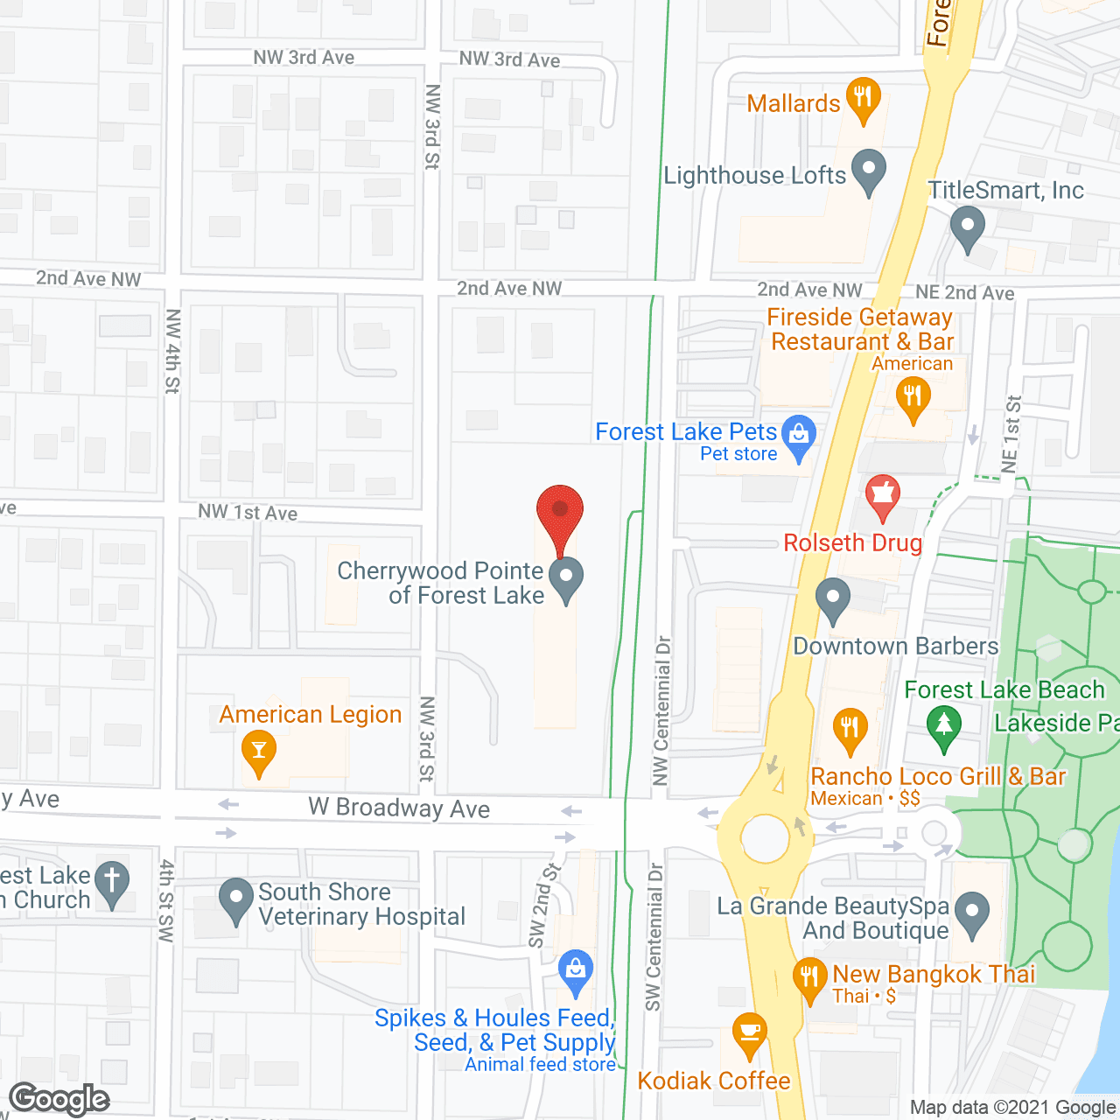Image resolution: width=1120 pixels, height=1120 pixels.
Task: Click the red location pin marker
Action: coord(559,514)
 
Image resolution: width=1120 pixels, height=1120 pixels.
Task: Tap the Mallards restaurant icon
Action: coord(863,97)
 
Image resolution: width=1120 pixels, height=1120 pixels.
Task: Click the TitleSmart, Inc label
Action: coord(1005,190)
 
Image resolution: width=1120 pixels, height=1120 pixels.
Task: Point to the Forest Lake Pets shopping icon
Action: coord(798,435)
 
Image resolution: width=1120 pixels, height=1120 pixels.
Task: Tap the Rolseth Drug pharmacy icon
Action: coord(883,496)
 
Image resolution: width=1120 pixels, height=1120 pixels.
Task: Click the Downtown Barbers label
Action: coord(895,647)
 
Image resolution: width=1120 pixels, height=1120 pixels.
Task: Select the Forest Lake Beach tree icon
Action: coord(943,726)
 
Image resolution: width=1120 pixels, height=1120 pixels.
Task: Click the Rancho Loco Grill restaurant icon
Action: coord(849,728)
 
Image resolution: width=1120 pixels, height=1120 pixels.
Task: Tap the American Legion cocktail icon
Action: coord(259,751)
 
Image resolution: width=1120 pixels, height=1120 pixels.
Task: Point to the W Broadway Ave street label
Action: coord(398,808)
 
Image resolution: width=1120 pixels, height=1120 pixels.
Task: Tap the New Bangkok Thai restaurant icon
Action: coord(809,977)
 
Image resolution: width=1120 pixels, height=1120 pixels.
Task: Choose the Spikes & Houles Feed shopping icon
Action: coord(575,970)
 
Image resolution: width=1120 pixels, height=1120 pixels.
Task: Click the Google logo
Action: coord(59,1099)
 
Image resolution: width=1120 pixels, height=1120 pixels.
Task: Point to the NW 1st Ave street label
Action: coord(248,512)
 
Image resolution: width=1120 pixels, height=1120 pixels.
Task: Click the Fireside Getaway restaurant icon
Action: coord(913,398)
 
